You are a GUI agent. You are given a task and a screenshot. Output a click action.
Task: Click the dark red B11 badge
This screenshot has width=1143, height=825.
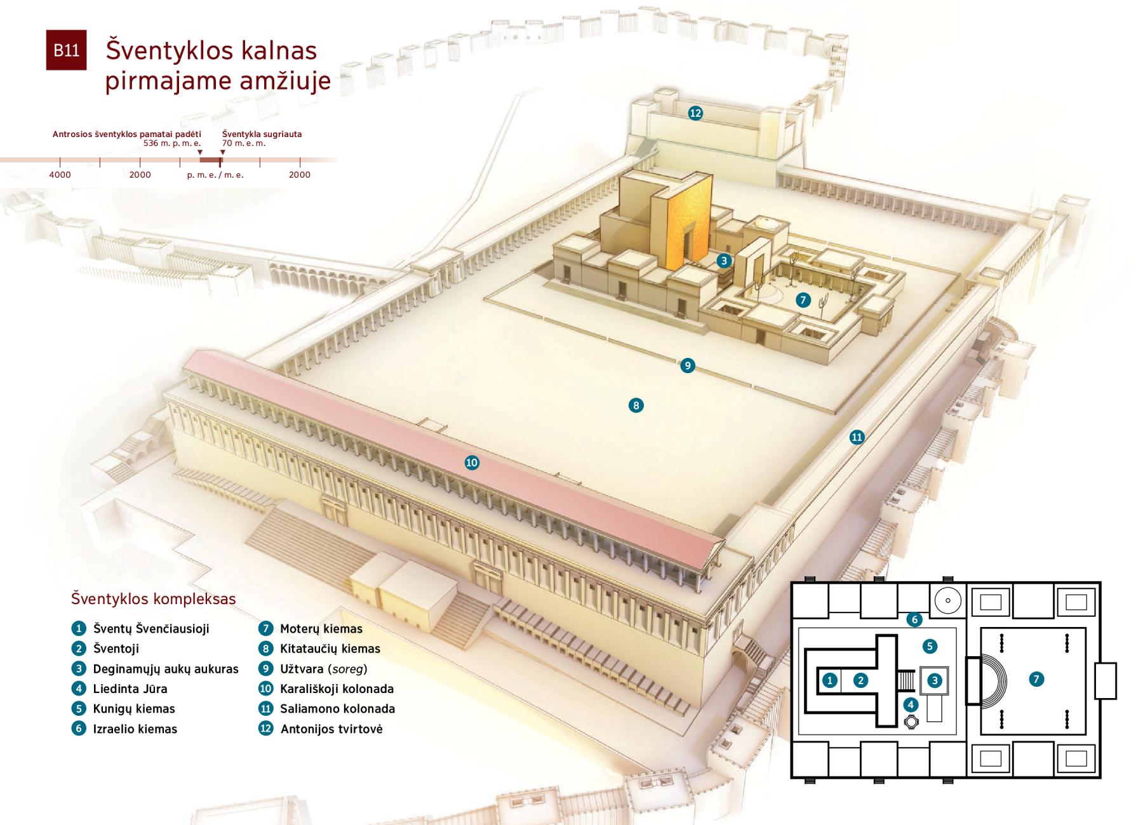pos(66,50)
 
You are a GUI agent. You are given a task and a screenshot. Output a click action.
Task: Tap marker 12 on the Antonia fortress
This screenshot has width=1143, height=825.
pos(695,113)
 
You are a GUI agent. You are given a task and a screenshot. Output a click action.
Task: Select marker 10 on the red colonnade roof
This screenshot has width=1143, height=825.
pos(472,463)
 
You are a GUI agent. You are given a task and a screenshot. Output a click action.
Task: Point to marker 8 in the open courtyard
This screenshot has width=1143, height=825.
pos(636,406)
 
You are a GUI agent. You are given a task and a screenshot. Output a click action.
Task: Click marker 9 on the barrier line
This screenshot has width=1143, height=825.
pos(687,366)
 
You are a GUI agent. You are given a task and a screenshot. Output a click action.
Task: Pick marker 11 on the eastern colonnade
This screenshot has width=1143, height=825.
pos(857,437)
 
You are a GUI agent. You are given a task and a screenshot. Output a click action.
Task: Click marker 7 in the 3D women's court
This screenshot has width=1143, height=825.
pos(803,300)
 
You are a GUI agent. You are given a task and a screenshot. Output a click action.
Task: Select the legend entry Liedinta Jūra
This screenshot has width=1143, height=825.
pos(130,689)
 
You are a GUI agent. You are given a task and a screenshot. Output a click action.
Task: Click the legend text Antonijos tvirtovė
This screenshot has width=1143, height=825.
pos(331,729)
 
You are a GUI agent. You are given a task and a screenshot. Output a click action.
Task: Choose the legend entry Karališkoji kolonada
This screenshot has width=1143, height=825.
pos(337,689)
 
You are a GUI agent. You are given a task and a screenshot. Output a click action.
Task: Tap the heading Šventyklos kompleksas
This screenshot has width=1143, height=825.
pos(154,599)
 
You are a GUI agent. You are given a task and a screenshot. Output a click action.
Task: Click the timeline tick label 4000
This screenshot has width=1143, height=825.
pos(60,175)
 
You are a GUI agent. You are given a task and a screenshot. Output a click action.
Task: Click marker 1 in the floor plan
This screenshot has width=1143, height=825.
pos(830,681)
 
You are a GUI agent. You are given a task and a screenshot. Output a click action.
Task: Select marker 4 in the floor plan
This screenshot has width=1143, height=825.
pos(911,704)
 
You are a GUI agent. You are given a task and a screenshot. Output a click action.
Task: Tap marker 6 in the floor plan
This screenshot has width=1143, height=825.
pos(914,619)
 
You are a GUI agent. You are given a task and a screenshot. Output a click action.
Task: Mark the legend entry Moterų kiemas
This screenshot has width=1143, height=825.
pos(321,629)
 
